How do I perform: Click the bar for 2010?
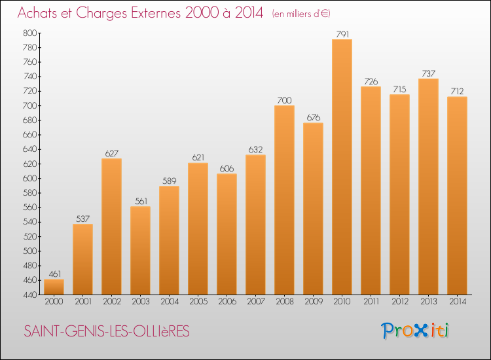coord(342,167)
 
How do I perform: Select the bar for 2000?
coord(54,287)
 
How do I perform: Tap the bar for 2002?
coord(111,226)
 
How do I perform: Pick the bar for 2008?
coord(284,200)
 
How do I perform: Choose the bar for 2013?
coord(428,187)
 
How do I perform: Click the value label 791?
coord(342,34)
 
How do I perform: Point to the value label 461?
coord(54,274)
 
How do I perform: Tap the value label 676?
coord(313,118)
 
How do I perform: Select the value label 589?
coord(169,181)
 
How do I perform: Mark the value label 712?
coord(457,92)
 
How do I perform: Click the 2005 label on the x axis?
coord(198,302)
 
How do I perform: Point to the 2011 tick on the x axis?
coord(371,302)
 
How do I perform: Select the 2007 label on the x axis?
coord(255,302)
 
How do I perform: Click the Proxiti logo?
coord(416,331)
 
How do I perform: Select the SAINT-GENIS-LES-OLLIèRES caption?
coord(106,332)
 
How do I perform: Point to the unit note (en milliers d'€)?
coord(302,14)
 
